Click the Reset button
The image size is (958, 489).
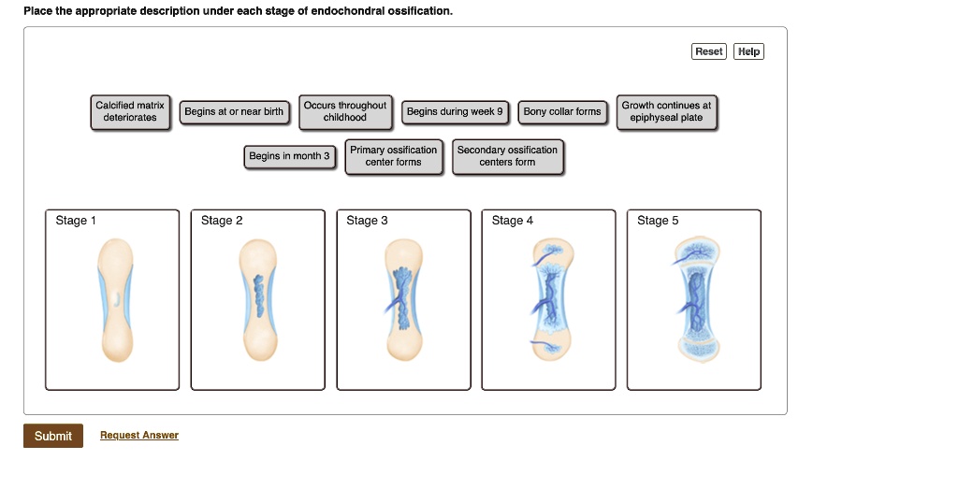tap(708, 51)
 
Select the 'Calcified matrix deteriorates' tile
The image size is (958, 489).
tap(130, 112)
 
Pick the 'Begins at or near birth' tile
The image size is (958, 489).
tap(234, 112)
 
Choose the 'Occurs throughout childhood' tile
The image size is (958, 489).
tap(345, 112)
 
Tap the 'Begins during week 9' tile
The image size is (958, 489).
tap(456, 112)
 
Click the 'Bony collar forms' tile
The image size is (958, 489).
tap(562, 112)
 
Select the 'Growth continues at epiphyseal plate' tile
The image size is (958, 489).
tap(666, 112)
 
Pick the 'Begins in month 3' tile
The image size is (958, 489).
tap(289, 156)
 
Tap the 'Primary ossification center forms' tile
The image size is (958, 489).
tap(393, 156)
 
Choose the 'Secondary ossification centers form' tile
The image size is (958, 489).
tap(507, 156)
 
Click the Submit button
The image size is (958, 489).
tap(53, 436)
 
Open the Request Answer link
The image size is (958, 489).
tap(139, 436)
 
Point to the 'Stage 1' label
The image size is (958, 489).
tap(76, 221)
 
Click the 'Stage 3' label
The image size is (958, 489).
tap(367, 221)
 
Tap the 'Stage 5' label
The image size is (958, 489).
tap(658, 221)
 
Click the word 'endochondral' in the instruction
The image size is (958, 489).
tap(341, 11)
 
